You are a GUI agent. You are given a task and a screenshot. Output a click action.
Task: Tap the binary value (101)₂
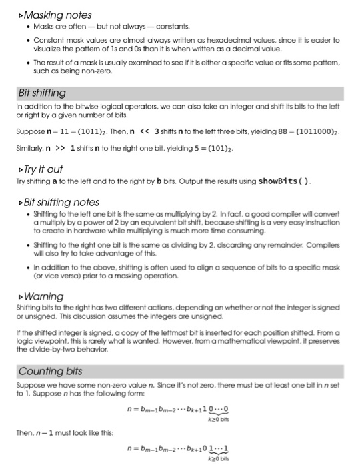tap(213, 147)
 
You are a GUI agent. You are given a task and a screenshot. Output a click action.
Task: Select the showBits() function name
tap(274, 182)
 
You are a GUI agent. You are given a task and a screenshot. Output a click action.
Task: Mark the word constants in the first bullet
tap(173, 27)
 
